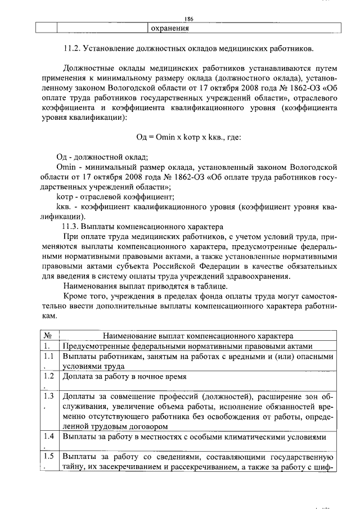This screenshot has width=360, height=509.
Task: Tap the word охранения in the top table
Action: coord(169,29)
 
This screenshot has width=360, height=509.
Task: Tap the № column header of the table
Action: coord(48,336)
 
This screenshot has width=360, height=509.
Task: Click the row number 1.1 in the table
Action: coord(48,356)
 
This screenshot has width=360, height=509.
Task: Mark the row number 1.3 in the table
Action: coord(48,396)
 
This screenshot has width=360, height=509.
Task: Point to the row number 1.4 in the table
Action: coord(48,436)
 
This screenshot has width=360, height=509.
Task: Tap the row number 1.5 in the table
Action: coord(48,456)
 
